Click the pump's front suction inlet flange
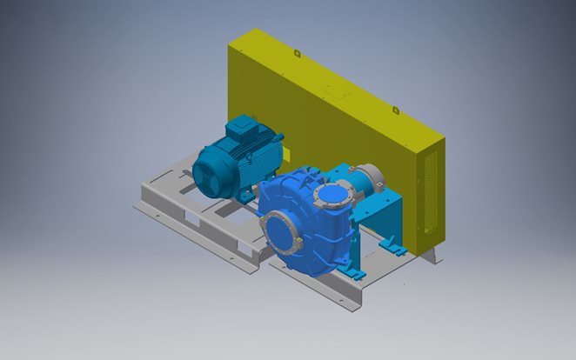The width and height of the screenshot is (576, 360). point(282,229)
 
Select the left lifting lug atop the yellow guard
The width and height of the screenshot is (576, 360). point(297,53)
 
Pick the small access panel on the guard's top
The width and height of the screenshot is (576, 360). point(332,86)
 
